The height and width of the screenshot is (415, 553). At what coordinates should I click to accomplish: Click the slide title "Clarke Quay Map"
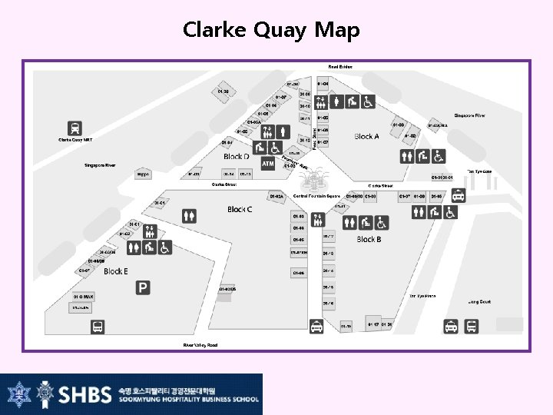point(271,30)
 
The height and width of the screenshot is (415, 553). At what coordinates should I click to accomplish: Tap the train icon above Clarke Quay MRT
point(75,128)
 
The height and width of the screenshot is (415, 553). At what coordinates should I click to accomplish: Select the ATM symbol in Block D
point(267,164)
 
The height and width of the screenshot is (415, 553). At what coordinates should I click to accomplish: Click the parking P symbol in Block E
point(143,287)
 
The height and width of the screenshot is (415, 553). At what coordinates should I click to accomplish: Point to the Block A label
point(366,137)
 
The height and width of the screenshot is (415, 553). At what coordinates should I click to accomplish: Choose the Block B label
point(370,239)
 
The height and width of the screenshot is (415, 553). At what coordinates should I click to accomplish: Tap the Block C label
point(240,209)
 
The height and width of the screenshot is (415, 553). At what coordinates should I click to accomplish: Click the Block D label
point(236,157)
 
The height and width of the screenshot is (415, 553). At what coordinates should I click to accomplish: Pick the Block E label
point(116,271)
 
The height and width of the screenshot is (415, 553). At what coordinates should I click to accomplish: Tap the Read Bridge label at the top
point(340,67)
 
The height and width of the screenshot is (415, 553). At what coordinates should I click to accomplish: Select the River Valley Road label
point(200,345)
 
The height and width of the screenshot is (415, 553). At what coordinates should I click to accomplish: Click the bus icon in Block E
point(98,326)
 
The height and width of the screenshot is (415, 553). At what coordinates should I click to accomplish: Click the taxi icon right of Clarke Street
point(459,196)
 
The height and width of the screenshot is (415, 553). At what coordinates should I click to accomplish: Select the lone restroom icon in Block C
point(189,217)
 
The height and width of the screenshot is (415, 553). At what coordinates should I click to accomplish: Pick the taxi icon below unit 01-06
point(316,327)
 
